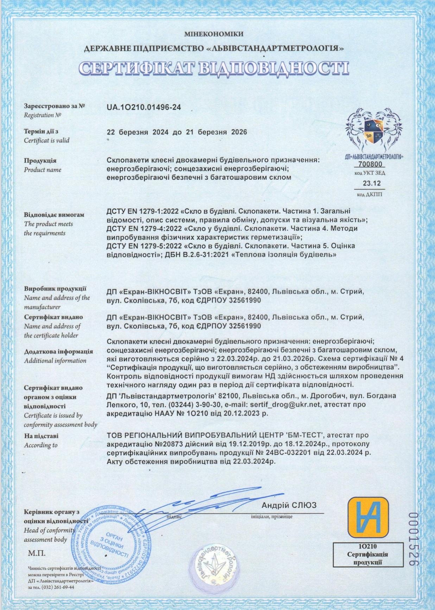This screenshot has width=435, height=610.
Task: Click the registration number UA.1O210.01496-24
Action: (144, 108)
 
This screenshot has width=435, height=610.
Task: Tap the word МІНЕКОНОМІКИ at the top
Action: (214, 34)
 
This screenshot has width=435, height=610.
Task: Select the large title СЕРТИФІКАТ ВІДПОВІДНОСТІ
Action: (214, 69)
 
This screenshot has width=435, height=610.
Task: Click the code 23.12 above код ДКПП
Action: (372, 183)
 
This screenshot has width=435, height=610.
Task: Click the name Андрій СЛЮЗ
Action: (289, 506)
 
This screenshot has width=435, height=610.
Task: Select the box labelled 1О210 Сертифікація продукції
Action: (367, 554)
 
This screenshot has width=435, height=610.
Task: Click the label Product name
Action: (42, 170)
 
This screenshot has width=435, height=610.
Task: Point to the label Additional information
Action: (55, 361)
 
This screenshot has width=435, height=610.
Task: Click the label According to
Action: (40, 445)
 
